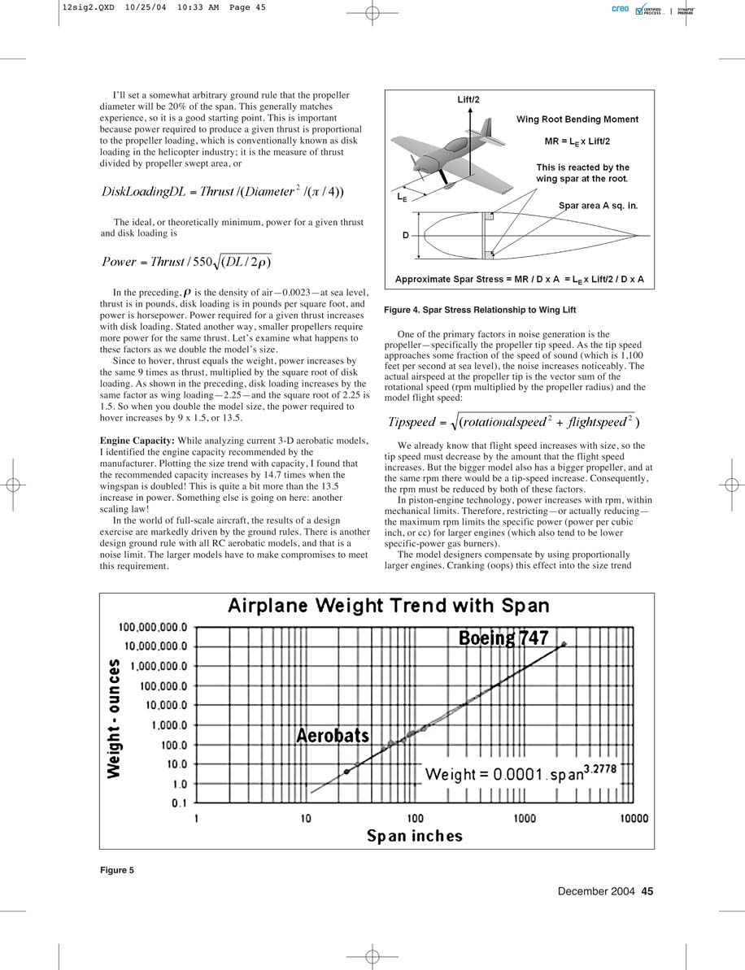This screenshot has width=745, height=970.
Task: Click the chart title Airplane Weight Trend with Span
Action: point(388,607)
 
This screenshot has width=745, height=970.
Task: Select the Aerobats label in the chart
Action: point(332,736)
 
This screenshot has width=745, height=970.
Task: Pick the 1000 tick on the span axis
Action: point(525,818)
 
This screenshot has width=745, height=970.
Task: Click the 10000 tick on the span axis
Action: point(634,818)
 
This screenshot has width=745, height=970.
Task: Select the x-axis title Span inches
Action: point(414,836)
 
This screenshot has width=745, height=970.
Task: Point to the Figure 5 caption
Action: point(117,871)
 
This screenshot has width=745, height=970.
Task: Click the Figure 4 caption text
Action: point(480,311)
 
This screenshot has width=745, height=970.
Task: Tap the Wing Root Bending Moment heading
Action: point(577,120)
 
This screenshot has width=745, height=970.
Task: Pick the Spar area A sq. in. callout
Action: point(598,207)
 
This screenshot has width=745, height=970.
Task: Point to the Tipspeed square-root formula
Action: point(513,422)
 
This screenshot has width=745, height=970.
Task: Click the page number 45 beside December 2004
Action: point(647,891)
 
